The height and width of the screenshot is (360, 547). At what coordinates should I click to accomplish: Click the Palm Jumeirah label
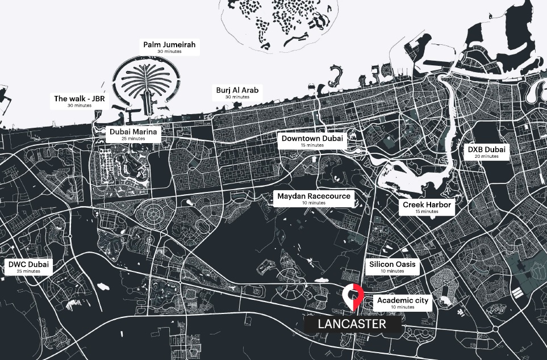click(x=171, y=47)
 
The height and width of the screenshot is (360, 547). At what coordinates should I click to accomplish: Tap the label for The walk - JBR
click(x=79, y=101)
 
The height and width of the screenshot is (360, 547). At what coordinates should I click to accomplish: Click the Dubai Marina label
click(x=133, y=134)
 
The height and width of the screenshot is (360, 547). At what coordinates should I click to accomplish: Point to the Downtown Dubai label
click(x=312, y=140)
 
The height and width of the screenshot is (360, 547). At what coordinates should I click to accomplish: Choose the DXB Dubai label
click(x=486, y=152)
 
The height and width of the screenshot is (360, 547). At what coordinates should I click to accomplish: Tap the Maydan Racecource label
click(x=314, y=198)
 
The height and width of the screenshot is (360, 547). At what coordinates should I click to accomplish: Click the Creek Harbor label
click(x=427, y=207)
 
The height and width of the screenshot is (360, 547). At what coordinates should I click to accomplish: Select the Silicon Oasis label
click(x=392, y=267)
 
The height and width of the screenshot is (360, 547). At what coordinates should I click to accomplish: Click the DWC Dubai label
click(x=28, y=267)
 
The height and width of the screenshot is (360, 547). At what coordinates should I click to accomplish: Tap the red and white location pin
click(x=352, y=296)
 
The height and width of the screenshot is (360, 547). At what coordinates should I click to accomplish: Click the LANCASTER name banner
click(x=352, y=324)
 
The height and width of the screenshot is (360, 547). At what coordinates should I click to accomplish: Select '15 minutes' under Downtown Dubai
click(x=312, y=145)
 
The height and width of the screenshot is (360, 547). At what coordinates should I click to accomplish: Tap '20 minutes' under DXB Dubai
click(x=486, y=156)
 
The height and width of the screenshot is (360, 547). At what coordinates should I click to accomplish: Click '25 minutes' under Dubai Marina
click(x=133, y=139)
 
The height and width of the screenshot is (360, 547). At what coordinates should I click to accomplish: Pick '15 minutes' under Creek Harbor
click(x=427, y=212)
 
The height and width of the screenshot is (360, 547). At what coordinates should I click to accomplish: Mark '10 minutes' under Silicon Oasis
click(x=392, y=271)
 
